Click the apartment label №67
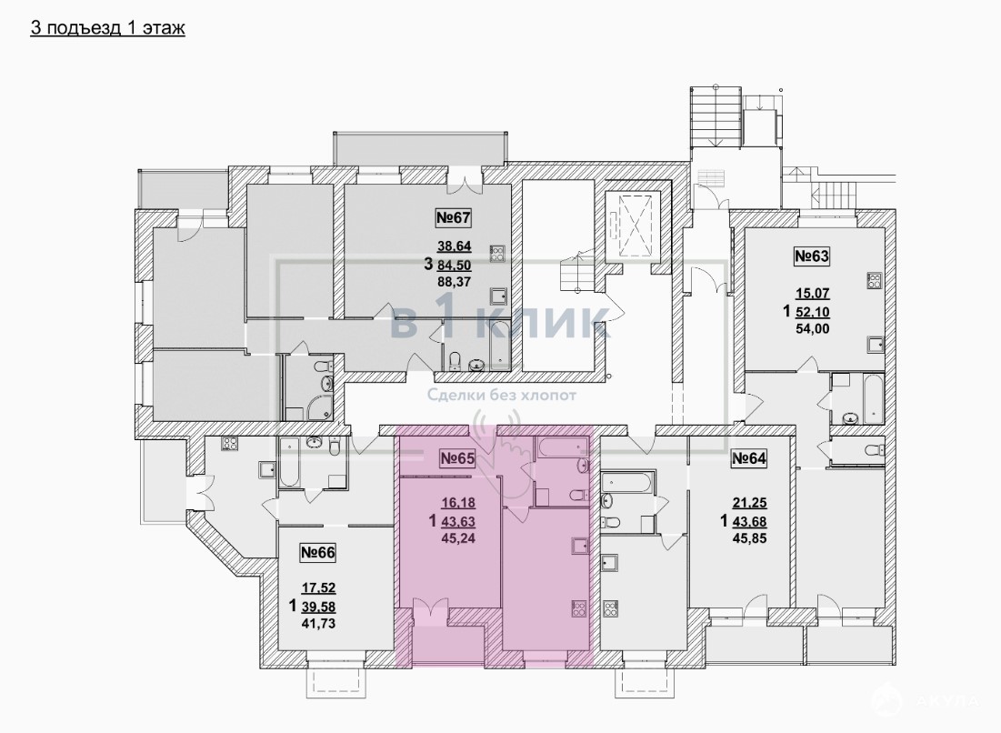pyautogui.click(x=454, y=217)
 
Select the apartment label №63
pyautogui.click(x=811, y=256)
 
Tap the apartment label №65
pyautogui.click(x=457, y=457)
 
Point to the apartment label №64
pyautogui.click(x=748, y=458)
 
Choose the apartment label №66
pyautogui.click(x=317, y=552)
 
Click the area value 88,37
pyautogui.click(x=454, y=281)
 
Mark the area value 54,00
pyautogui.click(x=812, y=329)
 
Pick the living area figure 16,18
pyautogui.click(x=458, y=503)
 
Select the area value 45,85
pyautogui.click(x=749, y=539)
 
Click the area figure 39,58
pyautogui.click(x=318, y=606)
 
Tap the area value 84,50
pyautogui.click(x=454, y=264)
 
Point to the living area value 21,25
pyautogui.click(x=749, y=504)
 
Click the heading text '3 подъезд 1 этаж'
pyautogui.click(x=108, y=28)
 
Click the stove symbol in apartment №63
pyautogui.click(x=874, y=281)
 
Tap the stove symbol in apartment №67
pyautogui.click(x=497, y=254)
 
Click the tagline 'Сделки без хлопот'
pyautogui.click(x=502, y=396)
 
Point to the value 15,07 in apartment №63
pyautogui.click(x=812, y=294)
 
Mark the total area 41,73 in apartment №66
pyautogui.click(x=318, y=623)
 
